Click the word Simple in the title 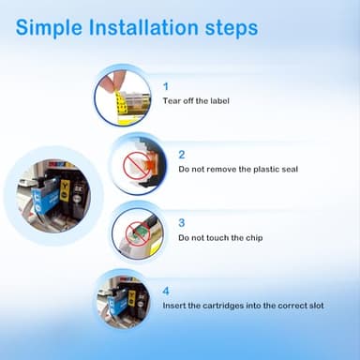[49, 28]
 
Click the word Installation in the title [143, 27]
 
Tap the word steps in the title [232, 29]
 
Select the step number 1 [166, 86]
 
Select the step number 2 [182, 155]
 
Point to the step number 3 [182, 223]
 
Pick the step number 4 [166, 292]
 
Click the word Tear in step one [172, 101]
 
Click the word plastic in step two [265, 170]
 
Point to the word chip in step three [254, 238]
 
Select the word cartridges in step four [223, 306]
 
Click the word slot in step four [317, 306]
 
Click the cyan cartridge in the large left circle [46, 196]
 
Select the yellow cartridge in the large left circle [65, 190]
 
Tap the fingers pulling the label [112, 81]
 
